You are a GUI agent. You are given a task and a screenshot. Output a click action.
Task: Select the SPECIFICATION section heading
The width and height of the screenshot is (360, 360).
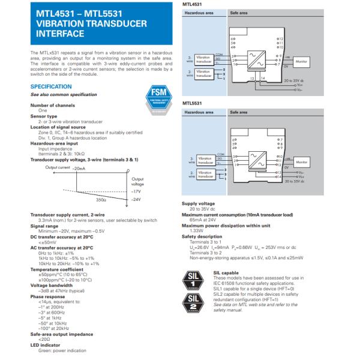click(55, 86)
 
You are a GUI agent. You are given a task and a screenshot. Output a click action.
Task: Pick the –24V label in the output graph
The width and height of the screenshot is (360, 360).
click(136, 199)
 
